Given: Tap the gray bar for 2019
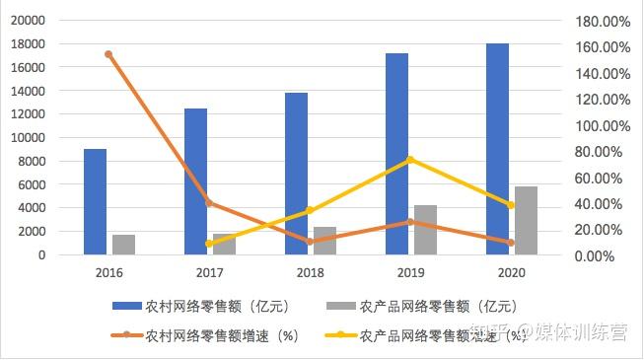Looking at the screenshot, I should [x=425, y=230].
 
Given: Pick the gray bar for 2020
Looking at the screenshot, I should [x=527, y=220].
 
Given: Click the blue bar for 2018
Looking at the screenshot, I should [x=296, y=174].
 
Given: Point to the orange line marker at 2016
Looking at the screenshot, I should [x=108, y=54].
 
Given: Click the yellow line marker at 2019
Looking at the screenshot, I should [x=410, y=160].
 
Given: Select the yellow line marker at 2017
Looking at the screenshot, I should [x=209, y=244].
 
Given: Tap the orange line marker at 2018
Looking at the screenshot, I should [x=310, y=241].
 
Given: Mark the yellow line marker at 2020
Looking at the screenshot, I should [x=511, y=205].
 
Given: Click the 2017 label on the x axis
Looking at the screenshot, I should [x=209, y=272].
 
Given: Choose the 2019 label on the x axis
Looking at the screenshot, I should [x=410, y=272].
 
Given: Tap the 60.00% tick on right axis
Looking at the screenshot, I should [x=606, y=179].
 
